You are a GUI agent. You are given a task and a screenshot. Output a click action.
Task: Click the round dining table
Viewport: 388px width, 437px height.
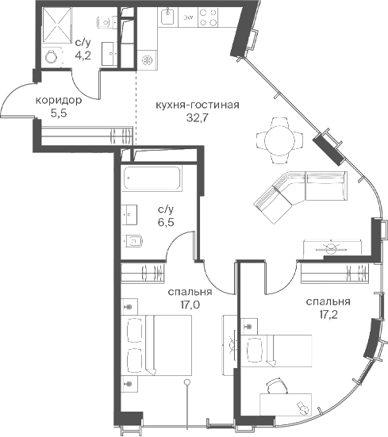click(x=279, y=140)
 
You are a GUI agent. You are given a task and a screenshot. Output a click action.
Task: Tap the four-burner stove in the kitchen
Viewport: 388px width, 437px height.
click(x=208, y=17)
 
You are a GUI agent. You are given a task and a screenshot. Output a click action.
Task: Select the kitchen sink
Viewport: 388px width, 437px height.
click(x=167, y=16)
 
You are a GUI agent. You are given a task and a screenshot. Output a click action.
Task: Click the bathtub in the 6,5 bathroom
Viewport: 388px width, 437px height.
click(x=152, y=178)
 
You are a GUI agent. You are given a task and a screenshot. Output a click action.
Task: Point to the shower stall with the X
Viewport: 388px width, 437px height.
click(x=56, y=25)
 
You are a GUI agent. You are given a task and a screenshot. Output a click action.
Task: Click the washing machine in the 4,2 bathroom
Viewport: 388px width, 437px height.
click(x=52, y=56)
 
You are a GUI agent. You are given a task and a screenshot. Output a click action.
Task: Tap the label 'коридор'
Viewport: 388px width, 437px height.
click(x=59, y=101)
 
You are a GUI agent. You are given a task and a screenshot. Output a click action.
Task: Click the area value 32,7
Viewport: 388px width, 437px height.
click(x=197, y=118)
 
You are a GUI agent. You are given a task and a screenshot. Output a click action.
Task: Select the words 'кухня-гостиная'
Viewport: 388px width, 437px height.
click(x=197, y=105)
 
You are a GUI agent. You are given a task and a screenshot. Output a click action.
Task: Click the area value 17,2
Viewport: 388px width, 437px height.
click(x=328, y=315)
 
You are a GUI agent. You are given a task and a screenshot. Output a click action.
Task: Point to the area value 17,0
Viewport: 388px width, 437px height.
click(x=190, y=305)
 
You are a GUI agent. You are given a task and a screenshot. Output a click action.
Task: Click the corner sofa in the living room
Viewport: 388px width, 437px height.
click(x=301, y=197)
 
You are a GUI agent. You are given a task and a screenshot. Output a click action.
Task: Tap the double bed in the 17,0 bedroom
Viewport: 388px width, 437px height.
click(x=156, y=345)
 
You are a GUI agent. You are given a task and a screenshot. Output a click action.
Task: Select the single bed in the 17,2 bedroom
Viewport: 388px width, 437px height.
click(x=276, y=351)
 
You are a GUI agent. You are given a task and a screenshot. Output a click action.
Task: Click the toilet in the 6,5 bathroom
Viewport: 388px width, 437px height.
click(x=133, y=241)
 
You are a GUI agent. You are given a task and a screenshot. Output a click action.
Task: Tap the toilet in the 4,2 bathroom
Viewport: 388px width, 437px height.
click(x=107, y=21)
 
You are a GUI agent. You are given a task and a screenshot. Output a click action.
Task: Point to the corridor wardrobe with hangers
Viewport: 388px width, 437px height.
click(x=87, y=136)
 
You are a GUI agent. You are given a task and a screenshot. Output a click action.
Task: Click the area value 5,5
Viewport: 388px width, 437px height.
click(x=59, y=113)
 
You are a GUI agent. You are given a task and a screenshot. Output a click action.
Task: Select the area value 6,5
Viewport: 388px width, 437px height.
click(x=166, y=222)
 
